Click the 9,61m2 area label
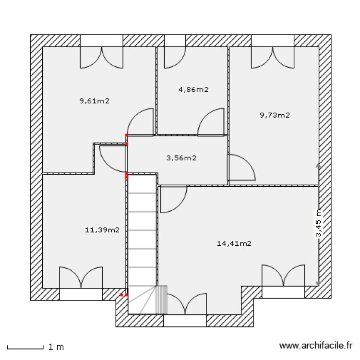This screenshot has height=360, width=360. tap(95, 101)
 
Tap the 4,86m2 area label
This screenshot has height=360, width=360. tap(193, 89)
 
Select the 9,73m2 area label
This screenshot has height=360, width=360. tap(275, 115)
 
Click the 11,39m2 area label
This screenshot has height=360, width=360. tap(102, 230)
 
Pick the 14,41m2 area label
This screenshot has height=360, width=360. tap(234, 243)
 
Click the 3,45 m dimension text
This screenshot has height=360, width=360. tap(319, 224)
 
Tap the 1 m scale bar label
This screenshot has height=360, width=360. tap(56, 346)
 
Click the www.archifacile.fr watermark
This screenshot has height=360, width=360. tap(316, 345)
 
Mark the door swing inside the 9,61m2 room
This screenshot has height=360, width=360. tap(142, 122)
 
